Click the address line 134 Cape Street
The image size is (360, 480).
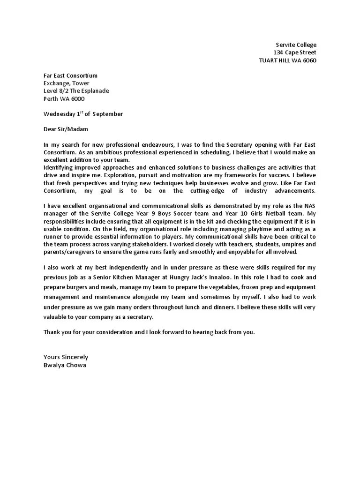(295, 52)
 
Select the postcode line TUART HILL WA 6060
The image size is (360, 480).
(288, 60)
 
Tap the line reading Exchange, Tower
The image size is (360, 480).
(66, 83)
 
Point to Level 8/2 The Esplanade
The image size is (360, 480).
(76, 91)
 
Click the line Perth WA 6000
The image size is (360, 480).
(64, 98)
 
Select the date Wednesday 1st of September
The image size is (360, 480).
(83, 113)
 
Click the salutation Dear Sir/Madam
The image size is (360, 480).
(66, 129)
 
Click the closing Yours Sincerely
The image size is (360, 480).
(66, 357)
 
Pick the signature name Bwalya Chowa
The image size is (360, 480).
(65, 365)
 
